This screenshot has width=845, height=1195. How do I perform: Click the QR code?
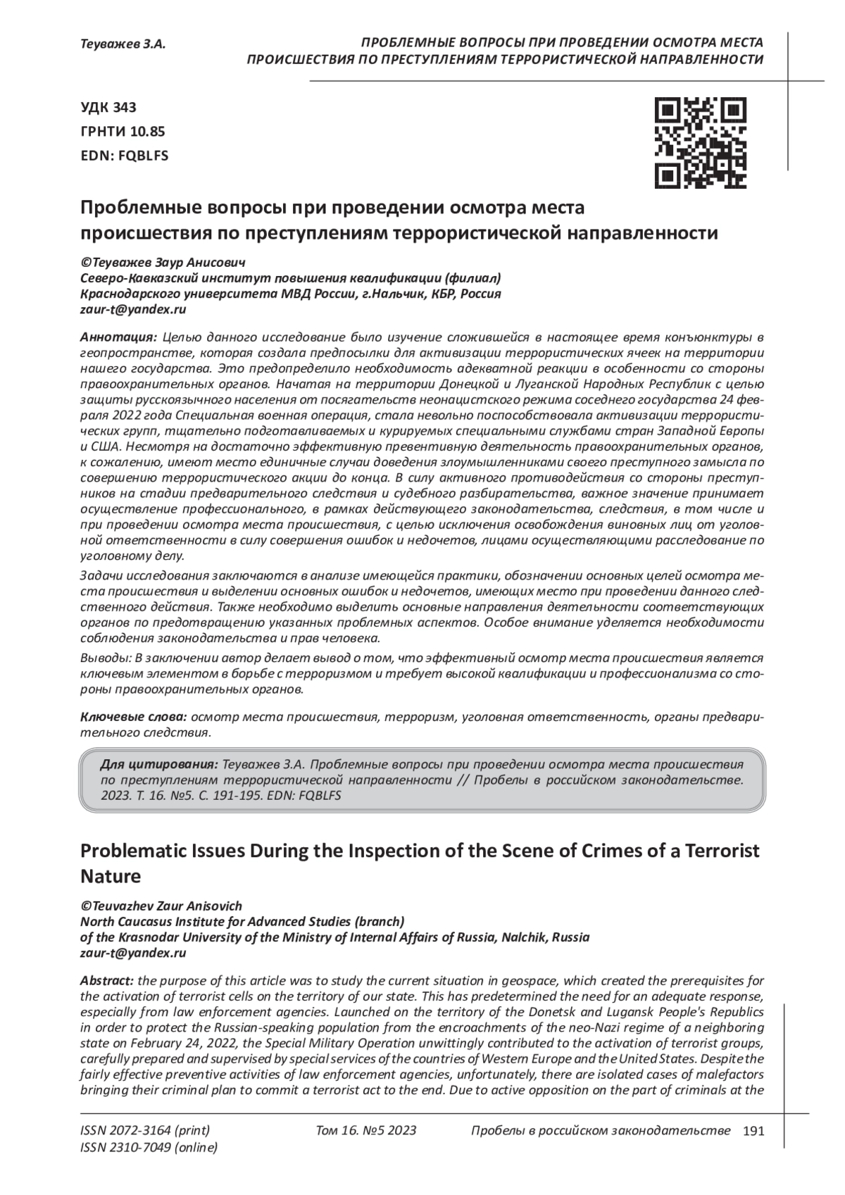(x=701, y=143)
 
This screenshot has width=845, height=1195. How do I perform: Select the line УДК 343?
(x=108, y=108)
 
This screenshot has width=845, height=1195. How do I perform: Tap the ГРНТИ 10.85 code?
(x=123, y=132)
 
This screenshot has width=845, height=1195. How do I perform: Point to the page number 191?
(x=753, y=1132)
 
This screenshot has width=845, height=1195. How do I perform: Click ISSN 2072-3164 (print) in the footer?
(x=145, y=1131)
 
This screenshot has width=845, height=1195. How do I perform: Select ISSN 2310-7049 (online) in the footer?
(x=149, y=1149)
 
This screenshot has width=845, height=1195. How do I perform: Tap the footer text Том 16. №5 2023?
(x=366, y=1131)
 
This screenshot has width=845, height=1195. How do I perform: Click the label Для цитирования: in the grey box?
(x=158, y=765)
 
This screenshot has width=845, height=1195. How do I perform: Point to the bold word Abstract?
(x=107, y=981)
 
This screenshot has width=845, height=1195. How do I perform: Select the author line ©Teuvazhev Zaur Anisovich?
(x=161, y=906)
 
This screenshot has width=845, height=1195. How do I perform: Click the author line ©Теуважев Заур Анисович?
(x=163, y=263)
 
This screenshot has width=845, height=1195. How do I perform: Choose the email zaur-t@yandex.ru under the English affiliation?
(x=133, y=953)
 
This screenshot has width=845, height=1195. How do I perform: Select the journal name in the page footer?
(x=600, y=1131)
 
